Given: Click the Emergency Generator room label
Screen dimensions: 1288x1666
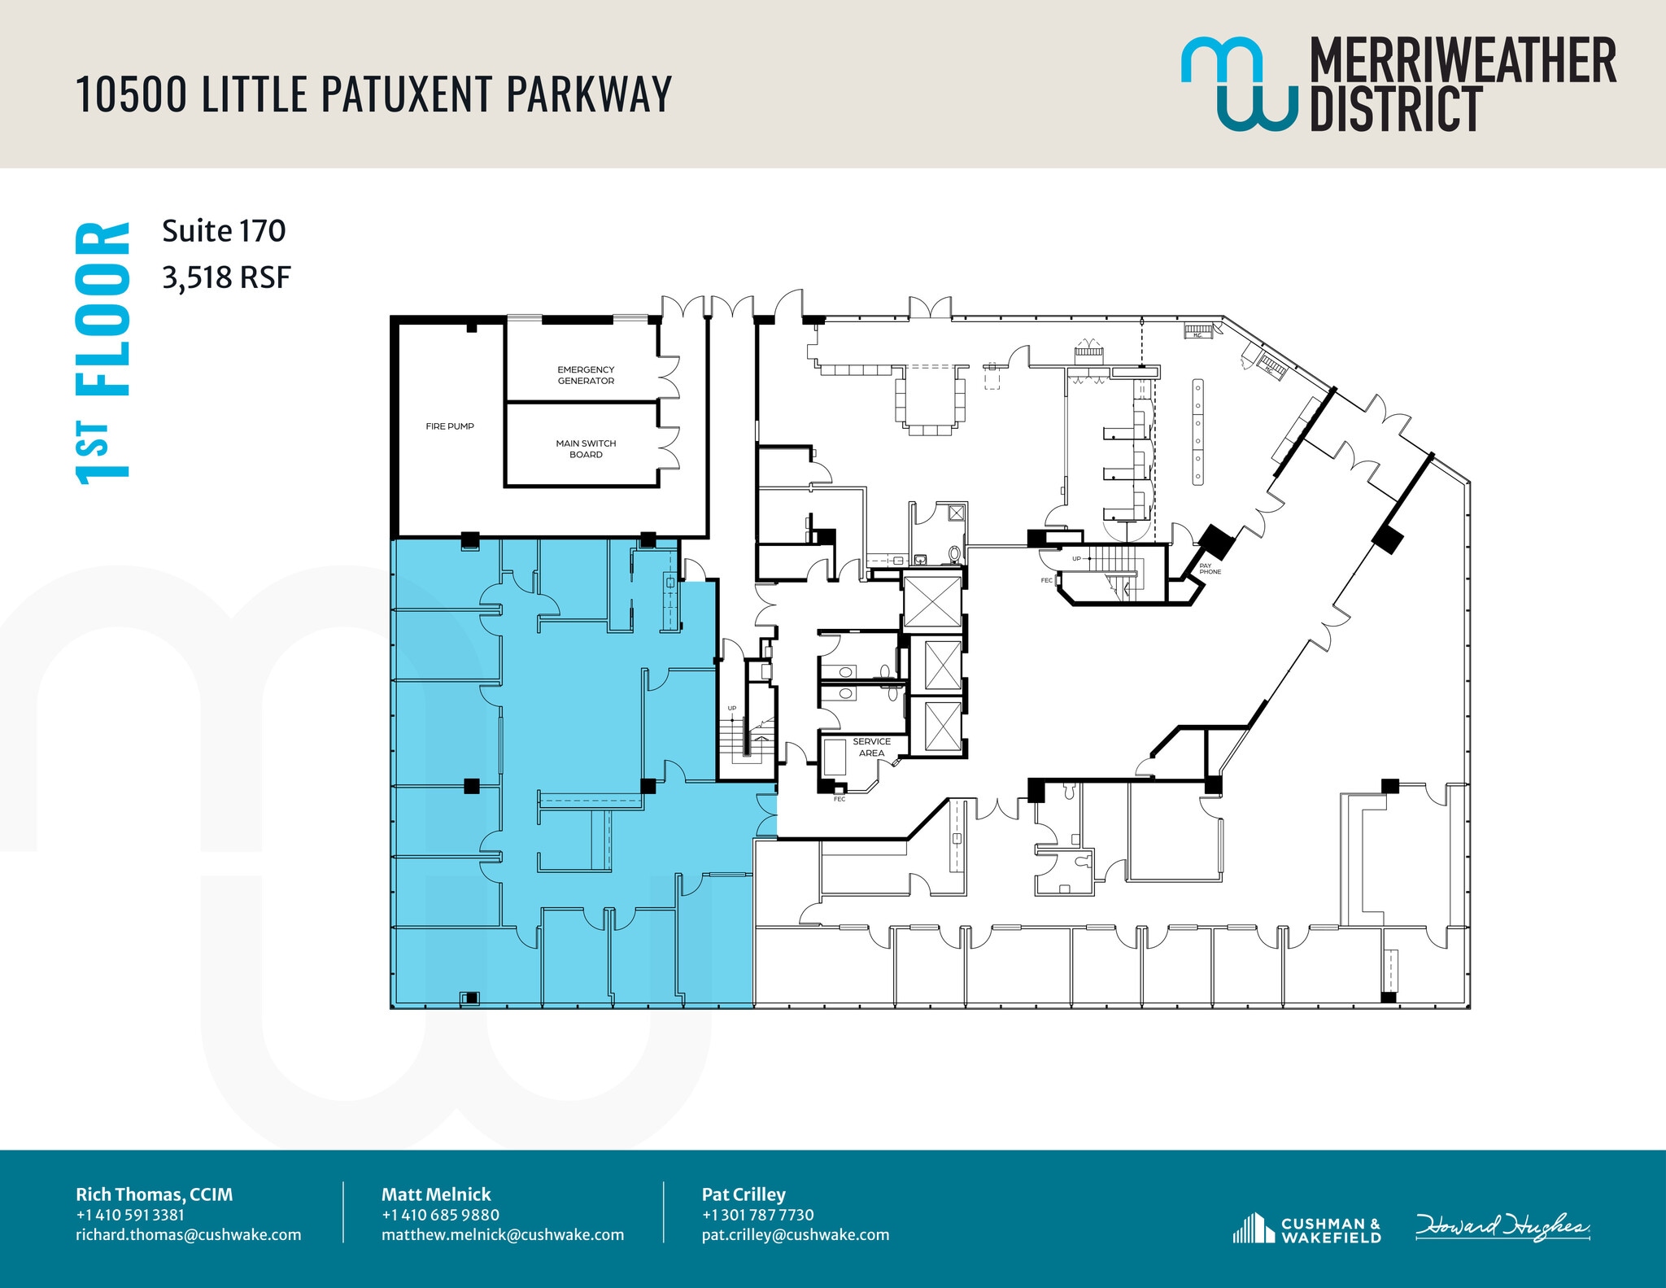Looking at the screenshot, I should coord(586,375).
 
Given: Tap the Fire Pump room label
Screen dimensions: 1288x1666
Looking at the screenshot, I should coord(450,426).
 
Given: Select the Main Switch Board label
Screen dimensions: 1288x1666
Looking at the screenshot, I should coord(586,449).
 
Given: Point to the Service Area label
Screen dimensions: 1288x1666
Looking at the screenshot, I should coord(871,747).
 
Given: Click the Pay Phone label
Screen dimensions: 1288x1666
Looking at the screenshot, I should coord(1210,569).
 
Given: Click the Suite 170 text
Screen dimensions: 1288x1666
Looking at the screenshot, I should coord(224,231).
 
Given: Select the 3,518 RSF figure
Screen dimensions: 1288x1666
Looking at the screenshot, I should coord(226,277).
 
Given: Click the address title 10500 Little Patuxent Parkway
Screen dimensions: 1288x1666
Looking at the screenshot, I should coord(373,94).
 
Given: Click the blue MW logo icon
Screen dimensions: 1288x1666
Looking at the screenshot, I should coord(1238,83).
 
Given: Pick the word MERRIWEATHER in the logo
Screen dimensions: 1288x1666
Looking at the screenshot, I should coord(1462,60).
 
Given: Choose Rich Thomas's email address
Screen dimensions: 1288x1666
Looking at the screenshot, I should coord(188,1234).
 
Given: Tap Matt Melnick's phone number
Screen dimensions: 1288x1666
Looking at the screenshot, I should coord(440,1215).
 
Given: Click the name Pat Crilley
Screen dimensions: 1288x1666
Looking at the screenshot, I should coord(744,1194).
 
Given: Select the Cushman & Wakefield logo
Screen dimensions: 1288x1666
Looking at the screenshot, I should coord(1307,1229).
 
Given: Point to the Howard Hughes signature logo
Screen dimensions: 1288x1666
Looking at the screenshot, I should coord(1502,1227).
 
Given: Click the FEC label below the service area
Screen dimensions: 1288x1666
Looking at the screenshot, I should coord(840,799).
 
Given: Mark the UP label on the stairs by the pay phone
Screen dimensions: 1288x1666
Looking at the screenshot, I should coord(1076,559).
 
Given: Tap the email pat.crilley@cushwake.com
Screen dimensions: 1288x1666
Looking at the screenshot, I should coord(795,1234).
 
